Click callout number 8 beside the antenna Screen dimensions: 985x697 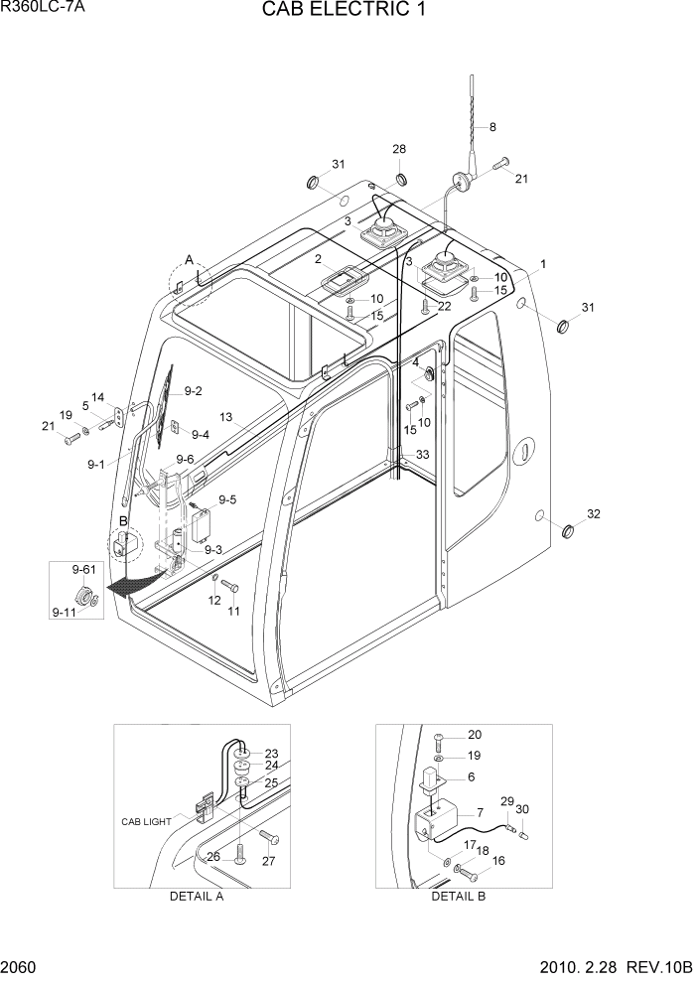492,127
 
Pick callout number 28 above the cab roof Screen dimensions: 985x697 399,149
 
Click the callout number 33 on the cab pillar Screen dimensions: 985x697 422,454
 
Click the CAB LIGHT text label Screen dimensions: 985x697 146,821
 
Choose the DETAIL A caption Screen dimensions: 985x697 196,896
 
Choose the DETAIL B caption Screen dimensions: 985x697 458,896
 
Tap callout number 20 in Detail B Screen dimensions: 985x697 474,735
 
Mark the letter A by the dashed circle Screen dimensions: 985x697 189,260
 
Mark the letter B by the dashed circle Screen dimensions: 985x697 123,519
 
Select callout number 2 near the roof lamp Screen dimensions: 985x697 318,259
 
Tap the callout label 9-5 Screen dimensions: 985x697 227,499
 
